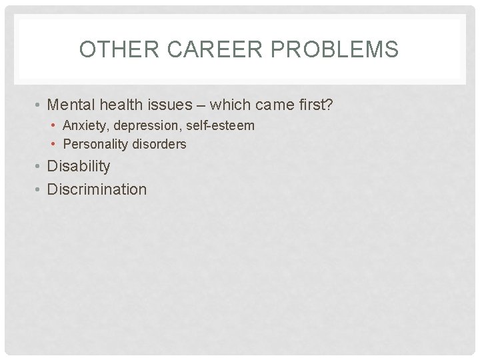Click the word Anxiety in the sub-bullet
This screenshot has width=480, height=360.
pyautogui.click(x=84, y=125)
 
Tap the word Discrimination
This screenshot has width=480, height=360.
pyautogui.click(x=97, y=189)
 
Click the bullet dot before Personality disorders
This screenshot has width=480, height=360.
pyautogui.click(x=55, y=145)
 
